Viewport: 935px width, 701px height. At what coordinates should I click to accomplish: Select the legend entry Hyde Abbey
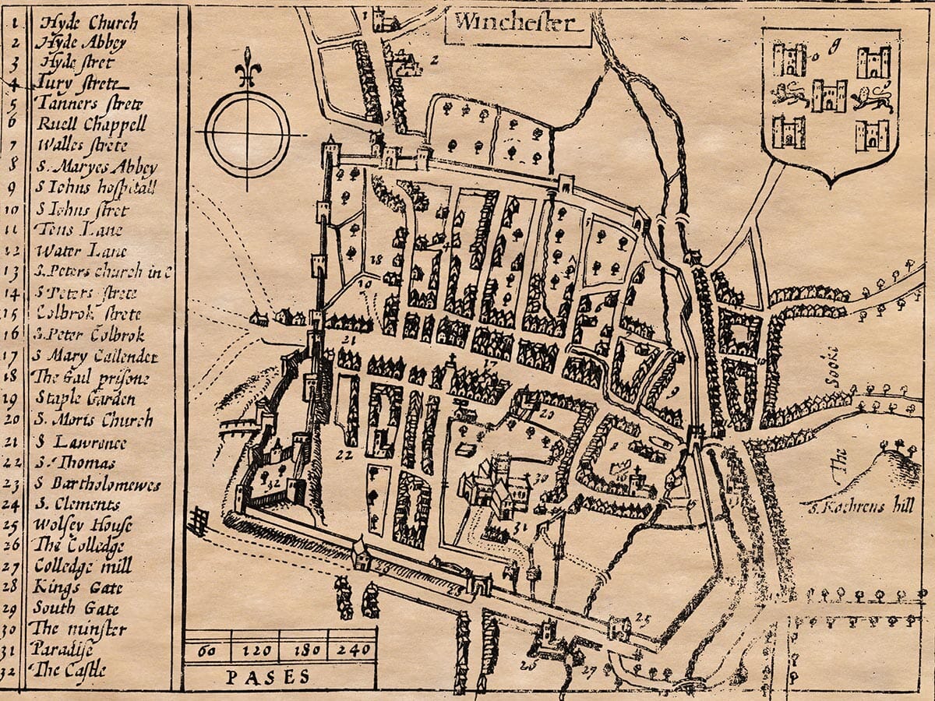tap(82, 42)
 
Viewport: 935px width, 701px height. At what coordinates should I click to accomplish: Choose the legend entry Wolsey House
tap(83, 525)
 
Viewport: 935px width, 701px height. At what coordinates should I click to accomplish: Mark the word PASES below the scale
tap(267, 676)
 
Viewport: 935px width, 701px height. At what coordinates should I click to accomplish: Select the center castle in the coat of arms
tap(829, 96)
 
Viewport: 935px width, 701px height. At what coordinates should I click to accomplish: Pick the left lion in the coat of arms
tap(789, 96)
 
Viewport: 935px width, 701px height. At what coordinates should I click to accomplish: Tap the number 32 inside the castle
tap(270, 482)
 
